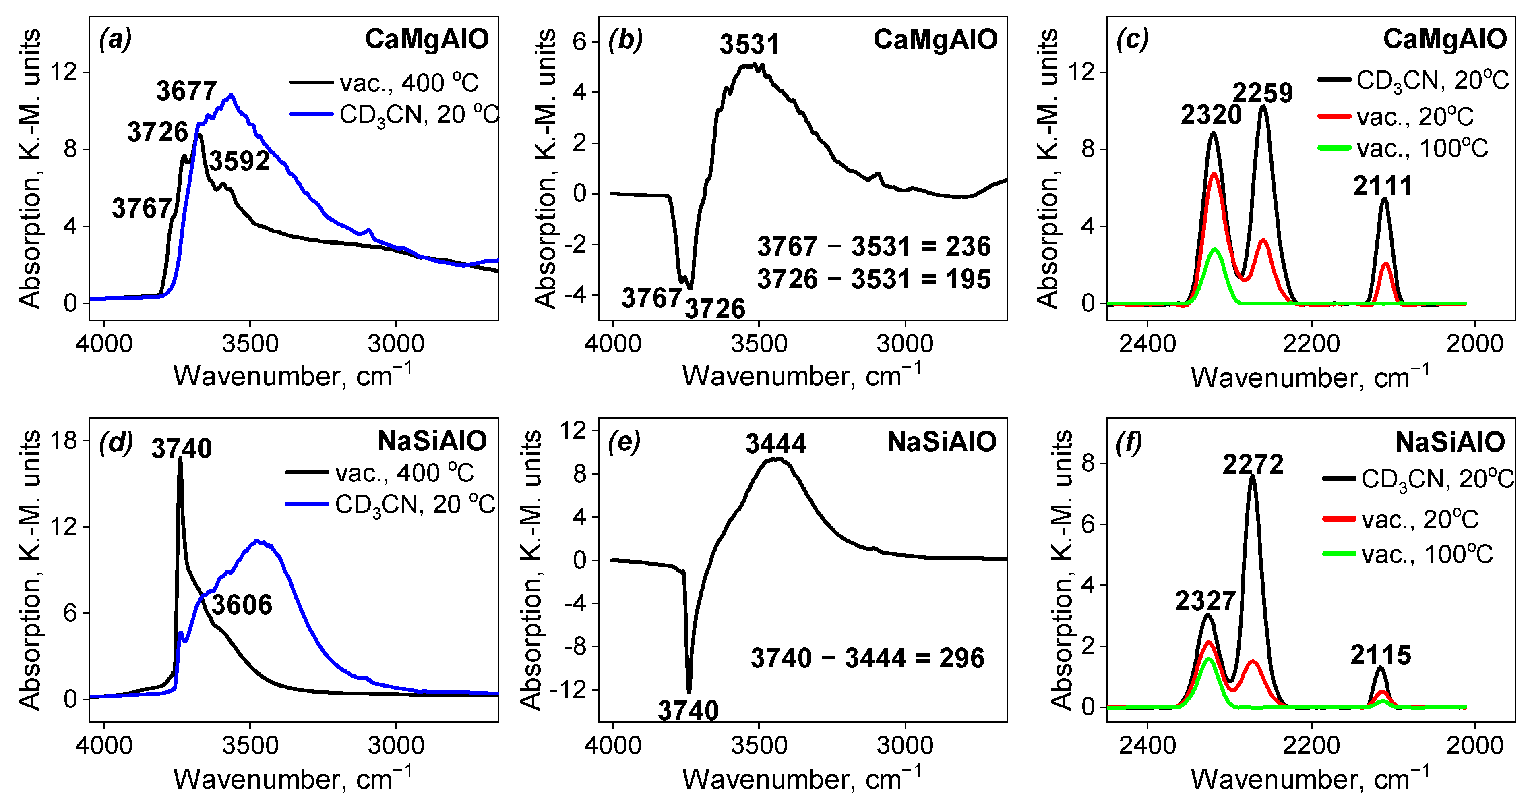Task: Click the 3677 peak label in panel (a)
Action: pos(186,91)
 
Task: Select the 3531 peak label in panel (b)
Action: pos(749,45)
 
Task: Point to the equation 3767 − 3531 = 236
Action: pos(874,247)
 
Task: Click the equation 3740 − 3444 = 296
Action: pos(867,658)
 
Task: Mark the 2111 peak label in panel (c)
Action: pos(1382,187)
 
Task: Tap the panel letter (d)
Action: pos(116,443)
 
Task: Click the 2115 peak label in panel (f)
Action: pos(1380,655)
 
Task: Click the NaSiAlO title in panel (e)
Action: pos(941,442)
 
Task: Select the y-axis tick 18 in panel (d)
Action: pos(64,441)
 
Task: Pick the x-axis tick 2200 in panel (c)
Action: pos(1311,344)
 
